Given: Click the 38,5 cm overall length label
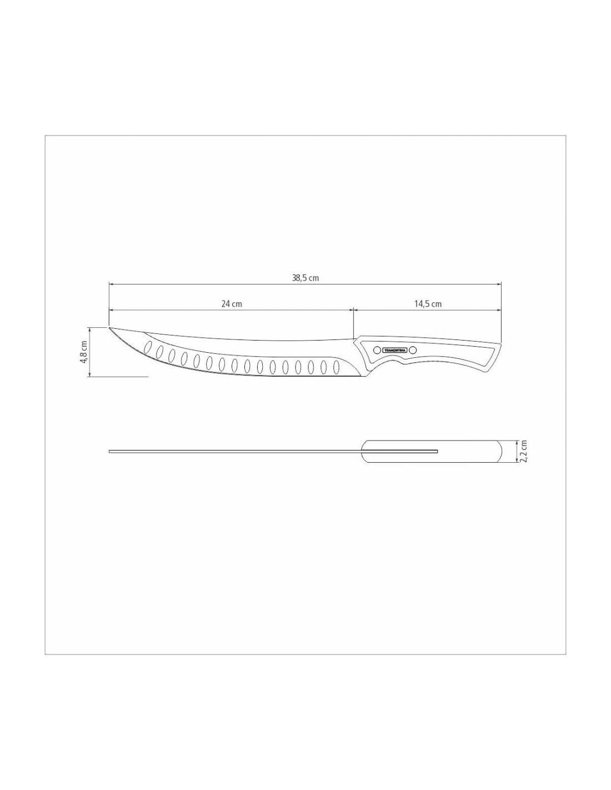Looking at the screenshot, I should (305, 278).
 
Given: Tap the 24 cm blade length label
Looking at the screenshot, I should (232, 304).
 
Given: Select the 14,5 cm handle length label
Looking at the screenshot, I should (428, 304).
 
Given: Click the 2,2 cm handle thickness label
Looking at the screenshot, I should (523, 451).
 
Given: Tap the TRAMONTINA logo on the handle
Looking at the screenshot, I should (395, 350).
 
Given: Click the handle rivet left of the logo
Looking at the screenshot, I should (377, 350).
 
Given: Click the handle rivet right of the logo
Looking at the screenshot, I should (414, 350).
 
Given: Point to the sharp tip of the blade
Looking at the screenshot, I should (109, 327).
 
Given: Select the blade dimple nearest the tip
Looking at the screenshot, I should (148, 348).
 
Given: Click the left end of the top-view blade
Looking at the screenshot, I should (110, 451).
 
